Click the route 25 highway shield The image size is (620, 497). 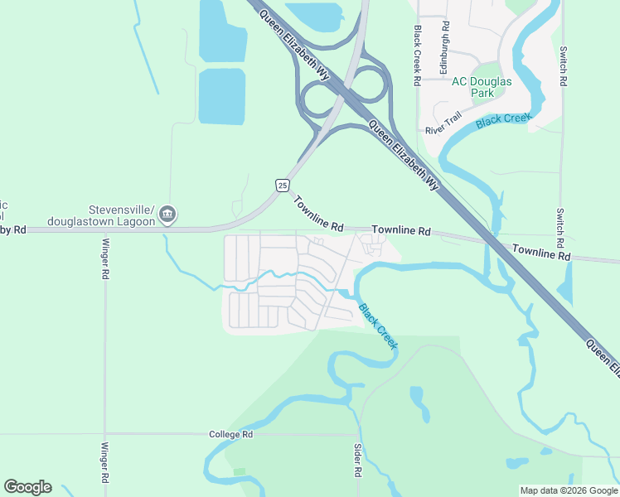click(283, 185)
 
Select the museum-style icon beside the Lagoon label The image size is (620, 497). click(167, 215)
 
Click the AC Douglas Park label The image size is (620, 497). click(482, 87)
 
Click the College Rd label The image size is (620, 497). click(230, 434)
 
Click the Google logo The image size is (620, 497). click(27, 487)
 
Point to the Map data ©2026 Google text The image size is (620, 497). click(568, 490)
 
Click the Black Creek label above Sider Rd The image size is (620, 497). click(378, 325)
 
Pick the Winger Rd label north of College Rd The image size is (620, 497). click(105, 258)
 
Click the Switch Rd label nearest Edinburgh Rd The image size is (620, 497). click(564, 67)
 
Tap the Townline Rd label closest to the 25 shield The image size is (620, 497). click(318, 214)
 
